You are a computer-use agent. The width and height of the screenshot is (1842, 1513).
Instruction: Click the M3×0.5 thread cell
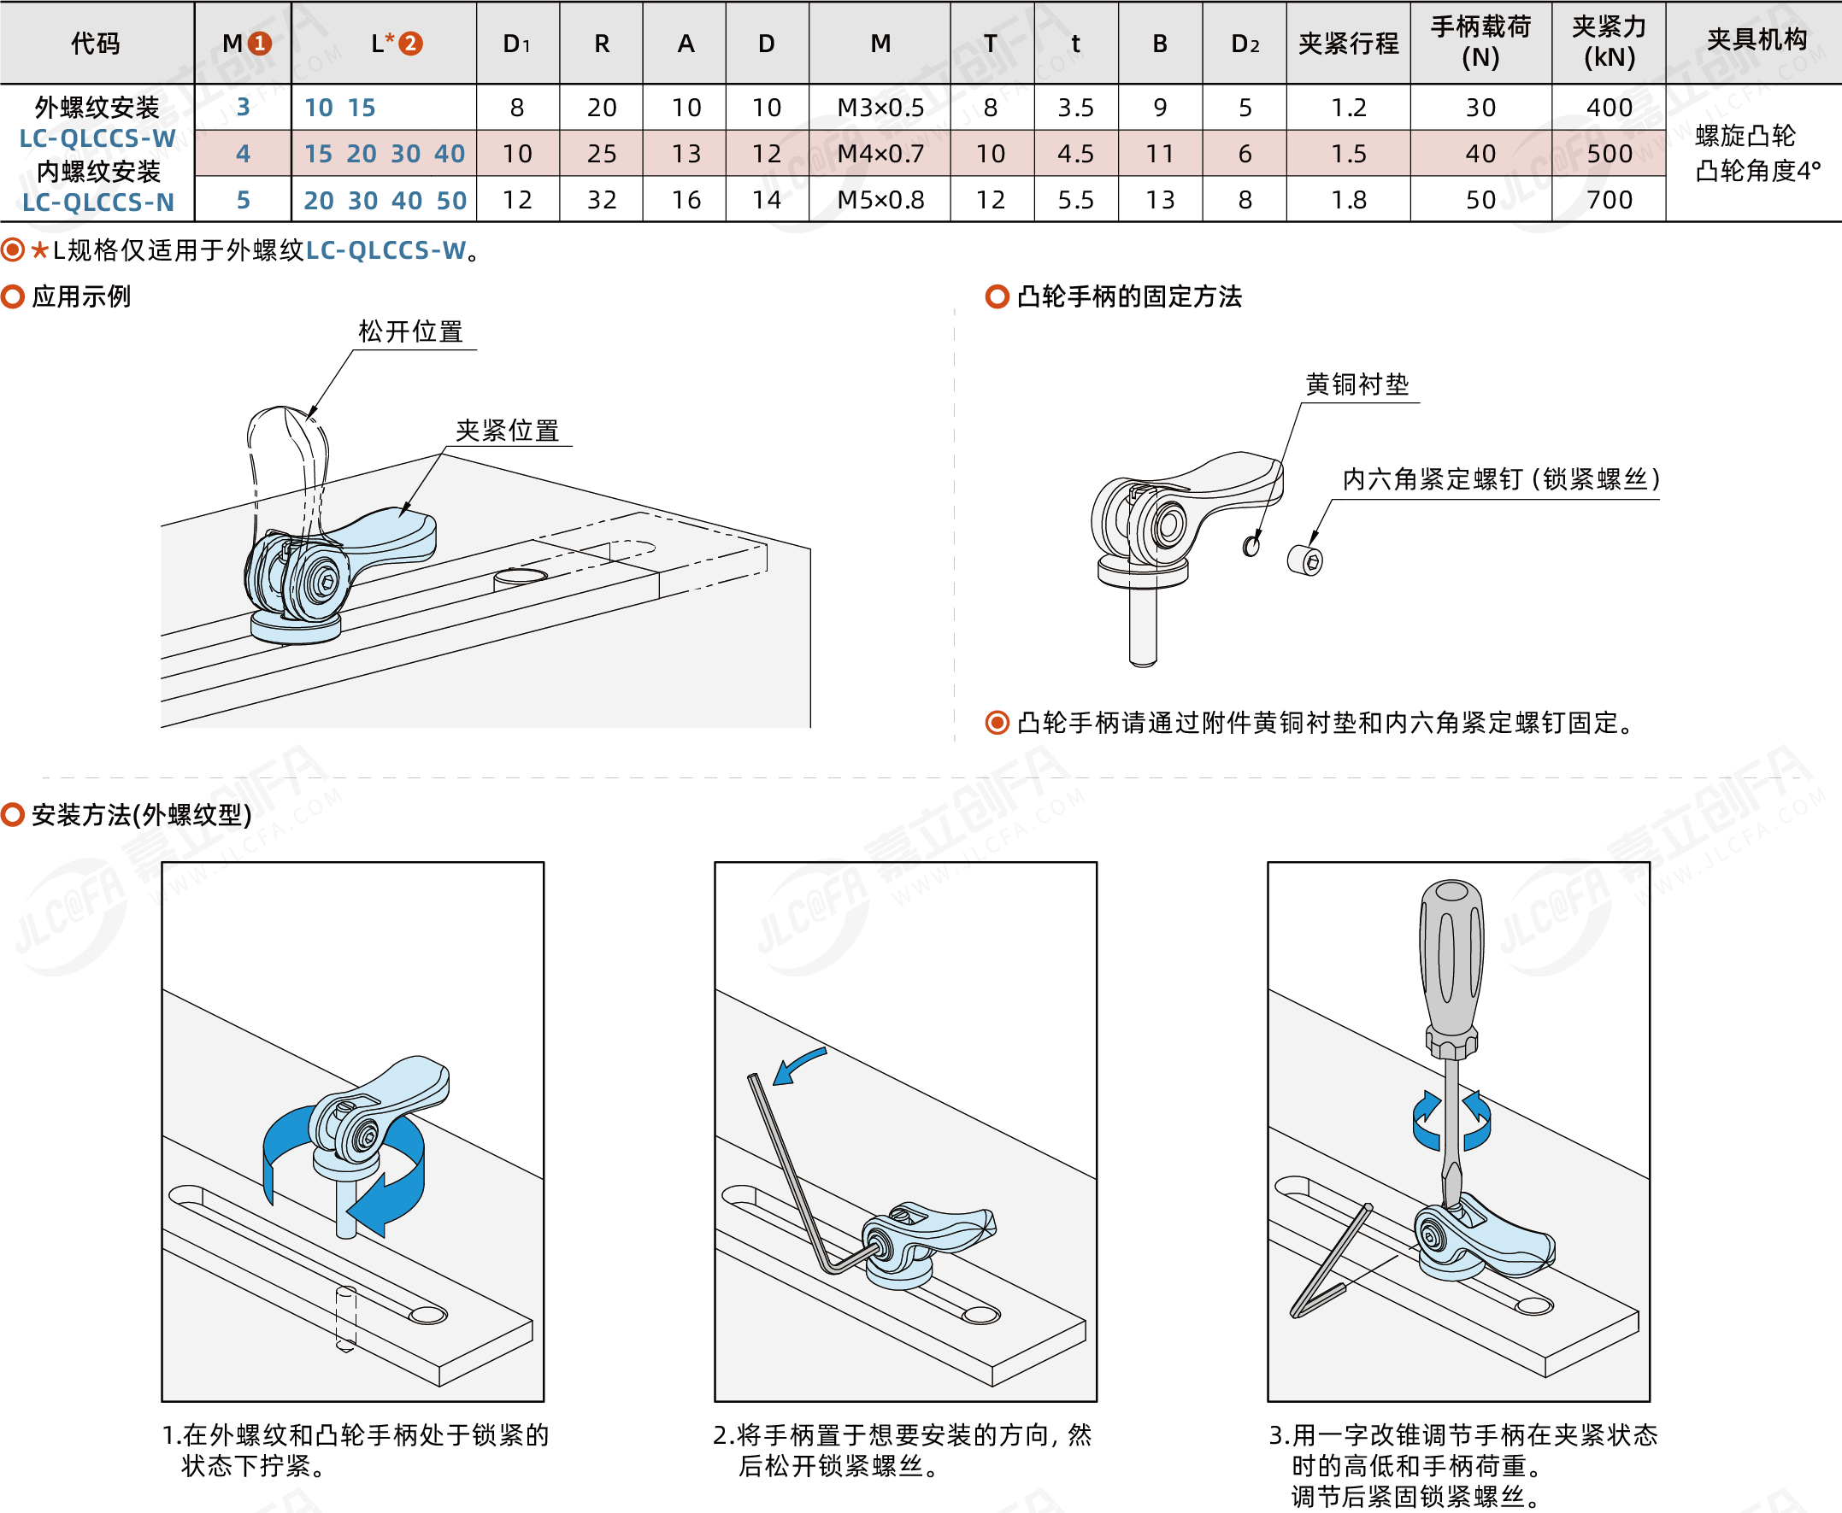[x=880, y=107]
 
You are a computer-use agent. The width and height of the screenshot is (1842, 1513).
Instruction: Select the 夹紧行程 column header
[x=1348, y=43]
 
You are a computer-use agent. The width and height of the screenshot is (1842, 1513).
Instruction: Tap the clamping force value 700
[x=1609, y=200]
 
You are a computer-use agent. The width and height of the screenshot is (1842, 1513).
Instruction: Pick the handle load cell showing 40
[x=1480, y=154]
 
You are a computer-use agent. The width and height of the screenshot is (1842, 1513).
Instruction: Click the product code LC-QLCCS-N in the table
[x=97, y=202]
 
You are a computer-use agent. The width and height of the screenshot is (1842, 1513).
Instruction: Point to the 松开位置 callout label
[x=410, y=332]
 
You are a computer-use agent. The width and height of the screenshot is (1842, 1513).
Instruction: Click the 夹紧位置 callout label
[x=508, y=431]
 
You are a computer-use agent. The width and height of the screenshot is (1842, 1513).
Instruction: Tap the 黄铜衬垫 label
[x=1356, y=384]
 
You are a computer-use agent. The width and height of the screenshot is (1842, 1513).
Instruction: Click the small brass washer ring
[x=1251, y=546]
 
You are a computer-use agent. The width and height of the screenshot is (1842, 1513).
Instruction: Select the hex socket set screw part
[x=1305, y=560]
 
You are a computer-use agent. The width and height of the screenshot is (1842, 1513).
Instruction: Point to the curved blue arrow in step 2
[x=797, y=1066]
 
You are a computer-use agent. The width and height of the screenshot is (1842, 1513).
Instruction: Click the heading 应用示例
[x=81, y=296]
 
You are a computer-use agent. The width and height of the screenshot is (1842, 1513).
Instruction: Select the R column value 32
[x=602, y=200]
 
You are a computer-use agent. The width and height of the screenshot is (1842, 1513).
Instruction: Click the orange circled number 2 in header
[x=409, y=43]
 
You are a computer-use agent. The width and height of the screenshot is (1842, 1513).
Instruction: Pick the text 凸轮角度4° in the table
[x=1757, y=171]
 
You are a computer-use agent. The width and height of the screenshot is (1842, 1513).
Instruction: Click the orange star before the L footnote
[x=39, y=250]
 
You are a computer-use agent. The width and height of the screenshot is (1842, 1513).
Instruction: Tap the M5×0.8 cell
[x=880, y=200]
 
